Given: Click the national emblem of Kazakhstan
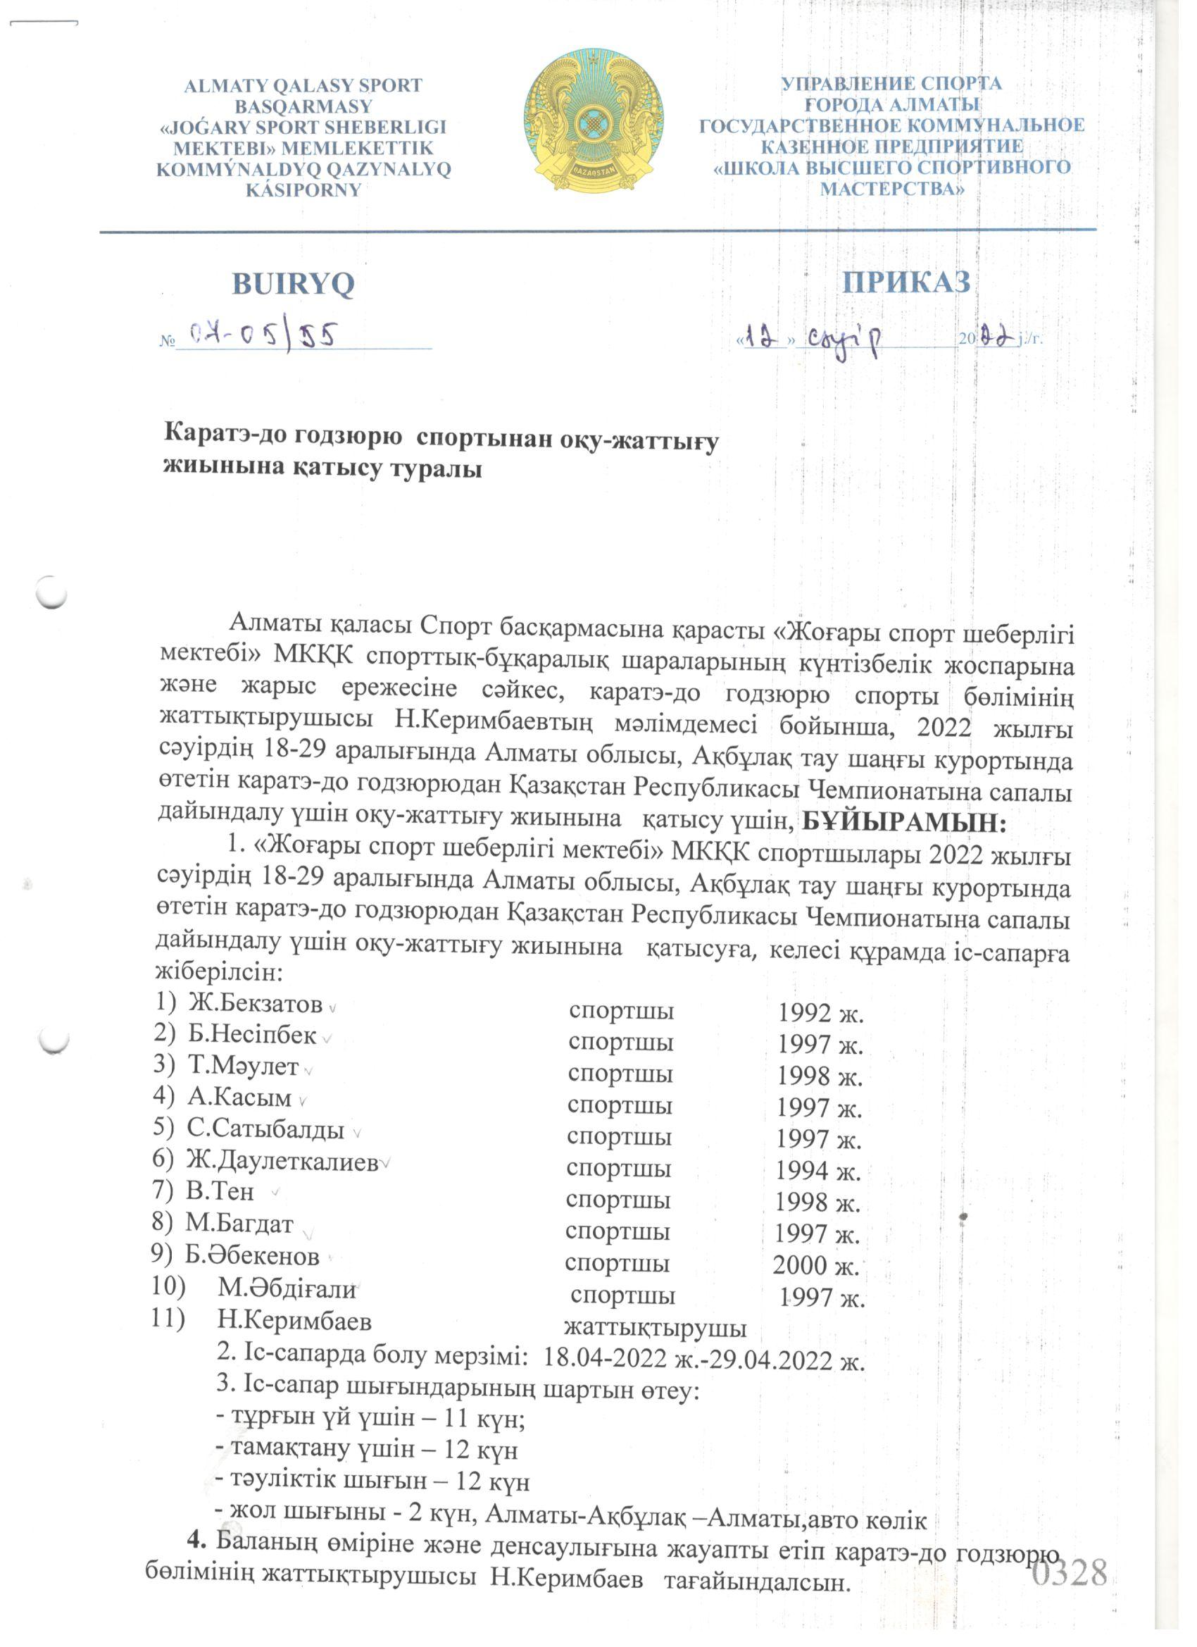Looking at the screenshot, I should (x=594, y=120).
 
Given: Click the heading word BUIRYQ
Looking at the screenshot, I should (x=293, y=283).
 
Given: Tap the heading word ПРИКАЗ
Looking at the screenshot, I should (x=906, y=282).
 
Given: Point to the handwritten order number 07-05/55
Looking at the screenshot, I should (x=261, y=335).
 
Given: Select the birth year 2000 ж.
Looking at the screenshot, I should (x=815, y=1266).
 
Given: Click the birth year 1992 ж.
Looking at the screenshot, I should (x=820, y=1013).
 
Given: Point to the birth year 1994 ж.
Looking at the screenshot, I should (x=818, y=1171).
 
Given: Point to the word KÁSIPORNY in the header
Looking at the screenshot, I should (x=303, y=190).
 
